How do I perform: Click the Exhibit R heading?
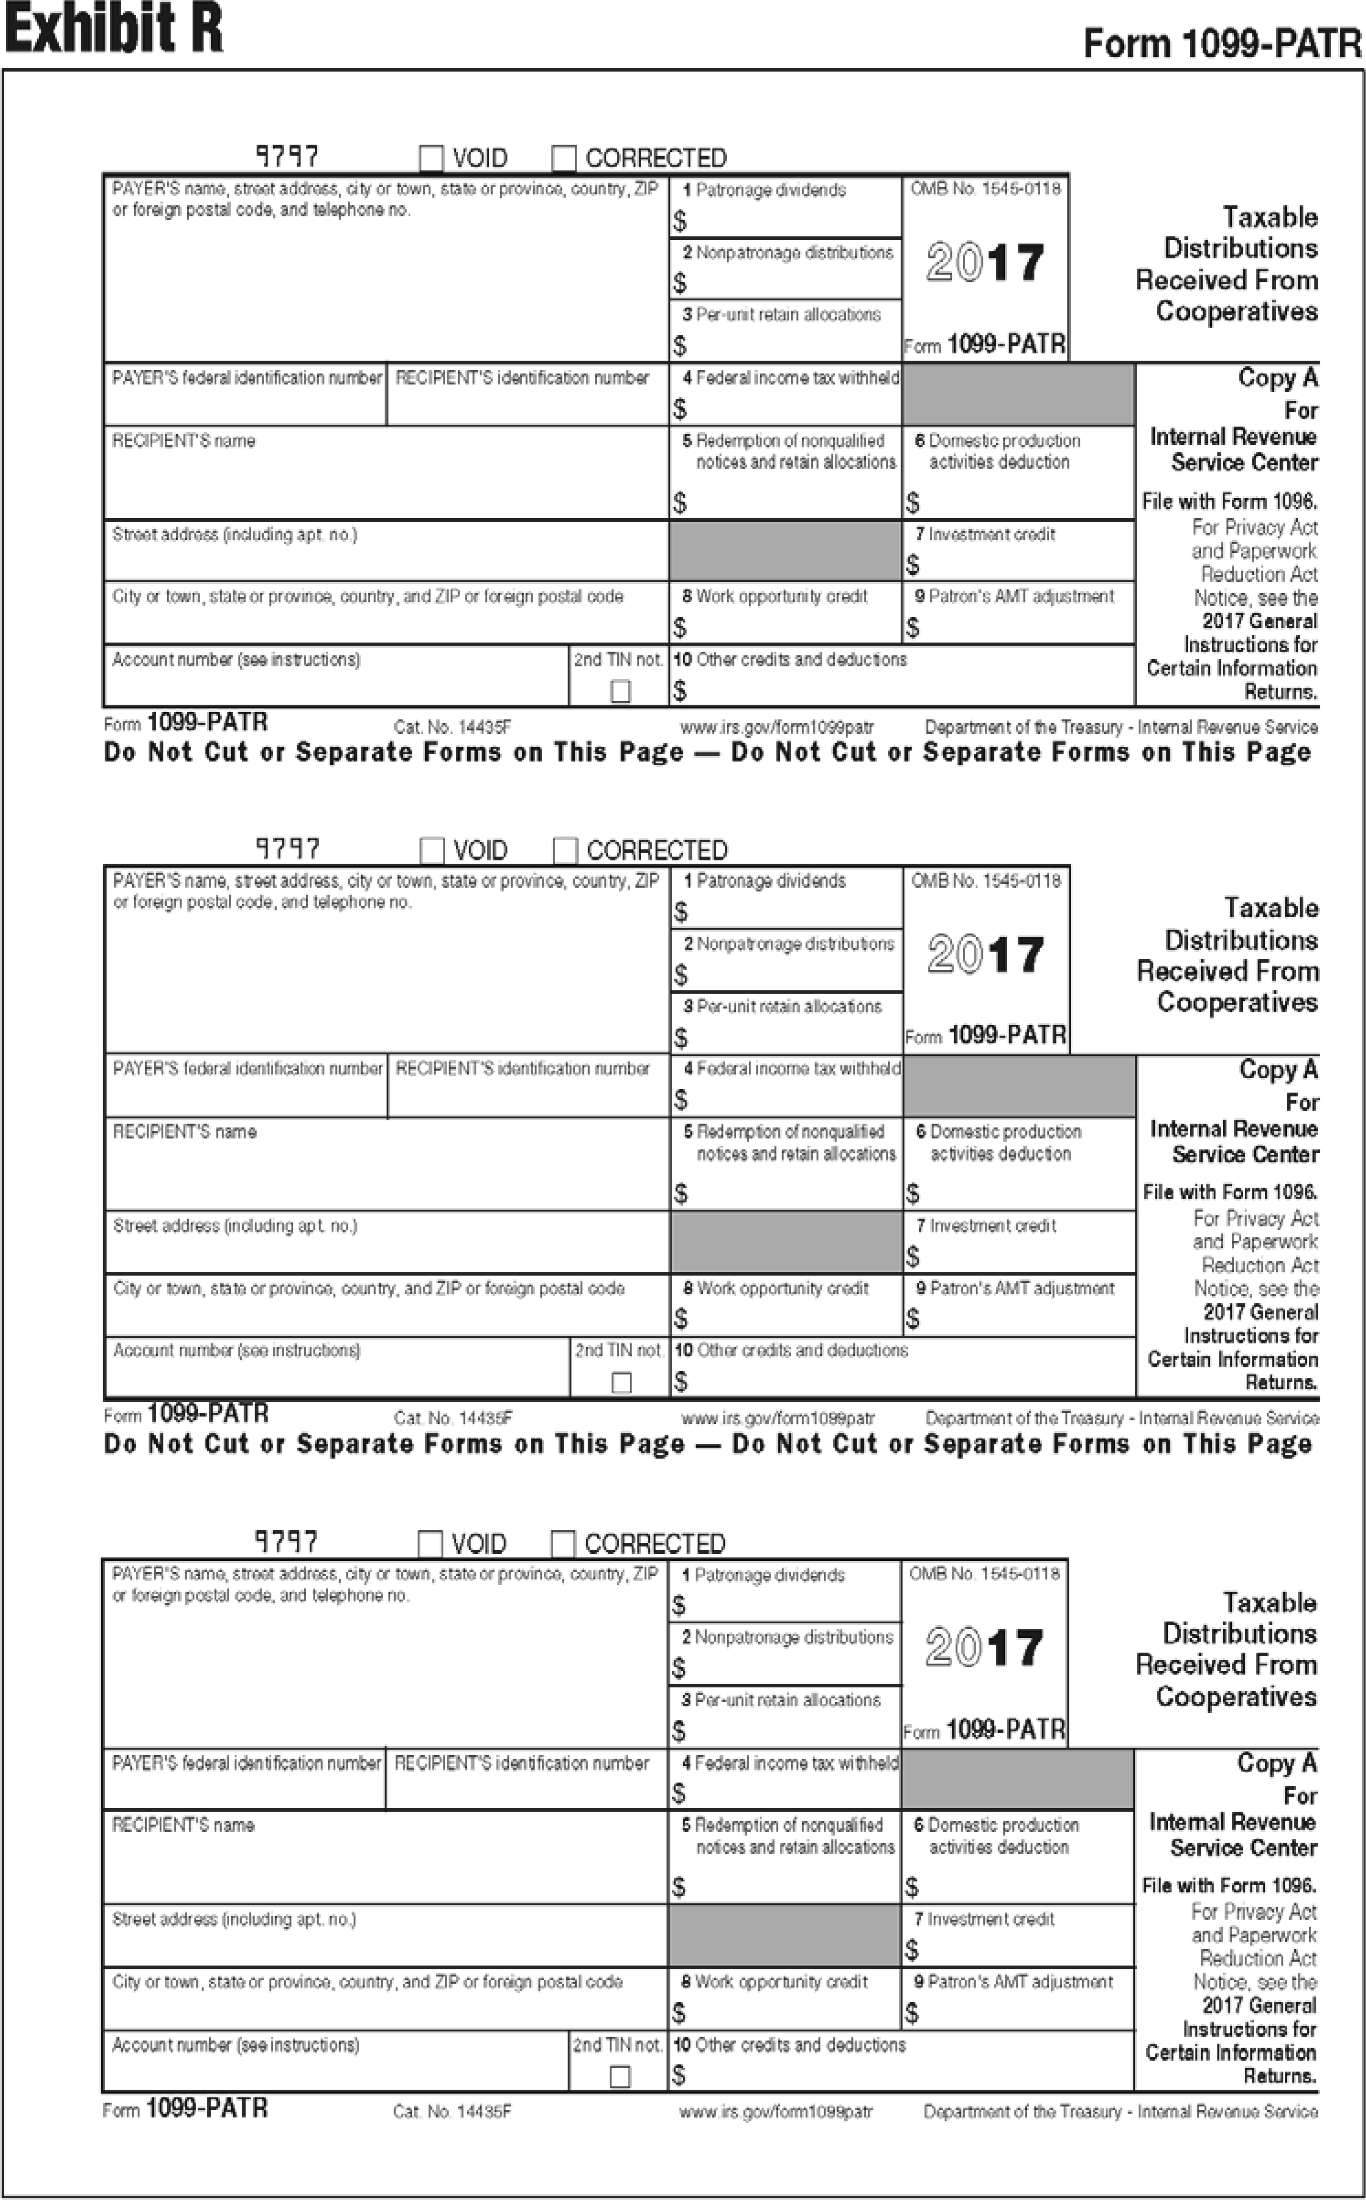[x=114, y=29]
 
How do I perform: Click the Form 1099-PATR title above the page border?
[x=1221, y=43]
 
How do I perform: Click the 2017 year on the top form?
[x=985, y=263]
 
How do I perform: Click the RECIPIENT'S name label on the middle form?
[x=184, y=1132]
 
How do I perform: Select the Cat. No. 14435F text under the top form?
[x=453, y=727]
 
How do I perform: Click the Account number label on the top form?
[x=236, y=660]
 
